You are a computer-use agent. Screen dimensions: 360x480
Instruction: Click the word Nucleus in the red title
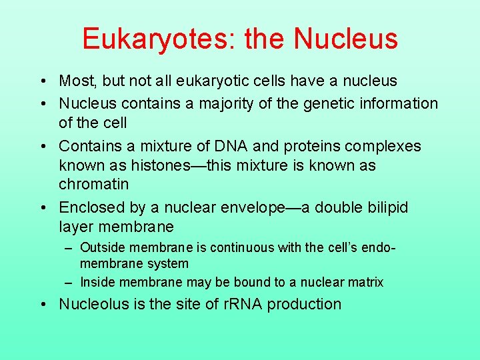point(346,39)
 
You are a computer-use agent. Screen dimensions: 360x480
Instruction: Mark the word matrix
point(365,282)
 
